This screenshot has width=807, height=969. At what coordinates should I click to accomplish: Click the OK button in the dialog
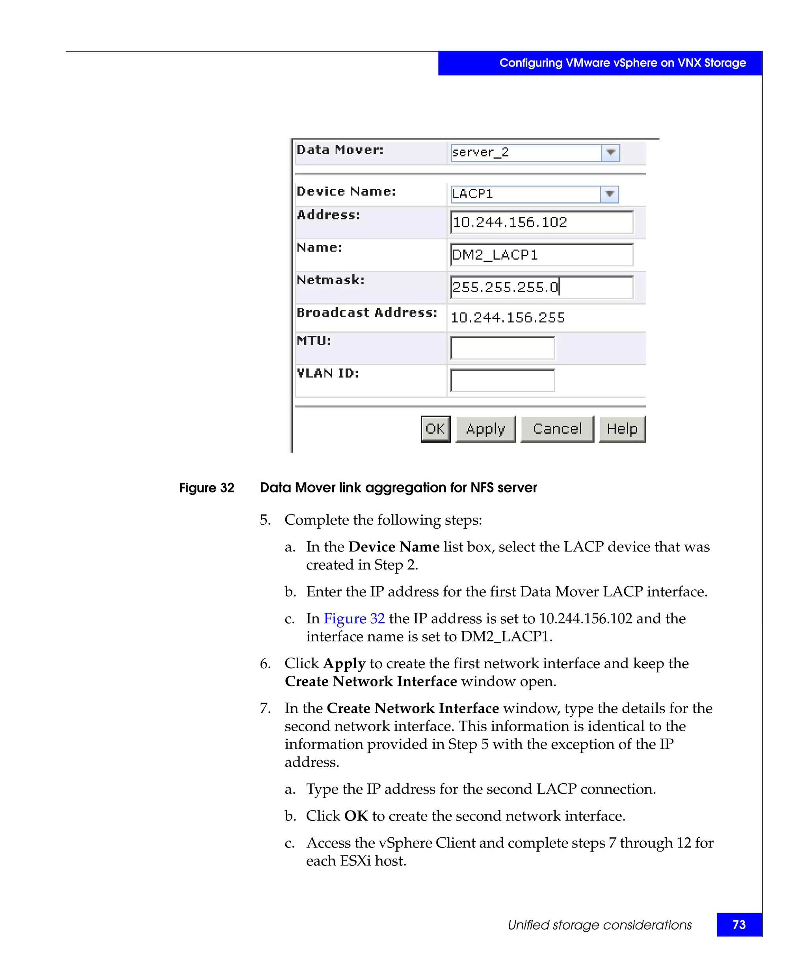coord(435,429)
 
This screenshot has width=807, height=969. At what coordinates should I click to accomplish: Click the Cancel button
coord(557,429)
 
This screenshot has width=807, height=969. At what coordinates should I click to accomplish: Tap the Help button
coord(622,429)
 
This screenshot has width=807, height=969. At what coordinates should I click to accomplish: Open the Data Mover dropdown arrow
coord(610,152)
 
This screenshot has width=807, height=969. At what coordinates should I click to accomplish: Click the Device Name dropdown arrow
coord(609,194)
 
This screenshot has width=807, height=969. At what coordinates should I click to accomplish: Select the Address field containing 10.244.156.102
coord(541,222)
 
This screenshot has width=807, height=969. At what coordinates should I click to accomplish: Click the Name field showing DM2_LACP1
coord(541,255)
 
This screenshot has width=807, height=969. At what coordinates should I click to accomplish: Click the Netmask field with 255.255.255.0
coord(541,287)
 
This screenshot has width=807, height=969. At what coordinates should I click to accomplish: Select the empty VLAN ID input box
coord(502,380)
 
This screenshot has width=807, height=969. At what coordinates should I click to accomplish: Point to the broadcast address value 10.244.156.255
coord(507,317)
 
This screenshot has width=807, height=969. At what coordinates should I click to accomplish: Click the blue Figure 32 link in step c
coord(354,618)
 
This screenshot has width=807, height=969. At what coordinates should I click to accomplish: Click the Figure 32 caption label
coord(206,488)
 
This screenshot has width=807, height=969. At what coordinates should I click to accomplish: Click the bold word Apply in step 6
coord(344,663)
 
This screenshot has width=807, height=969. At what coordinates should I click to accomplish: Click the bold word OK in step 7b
coord(356,816)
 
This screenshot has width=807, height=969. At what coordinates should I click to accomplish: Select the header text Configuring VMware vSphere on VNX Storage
coord(622,63)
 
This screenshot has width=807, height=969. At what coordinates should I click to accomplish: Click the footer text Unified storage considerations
coord(599,925)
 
